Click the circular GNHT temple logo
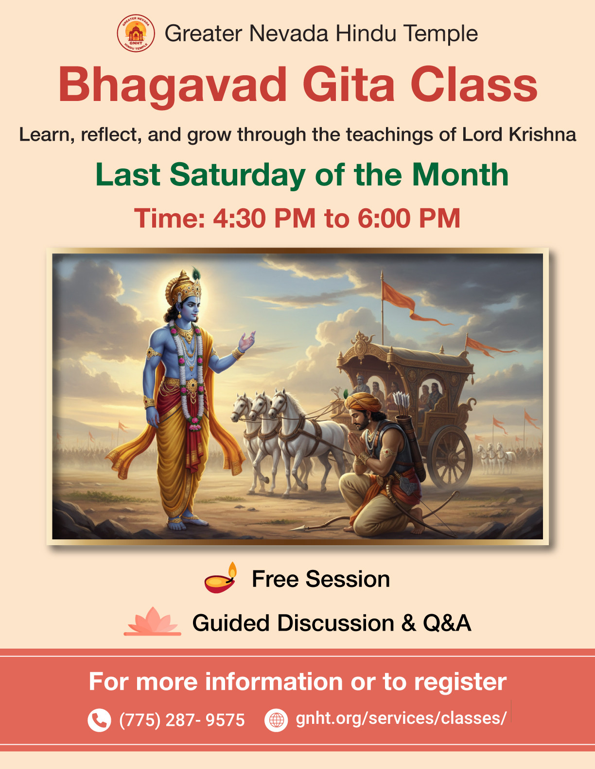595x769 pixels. coord(136,33)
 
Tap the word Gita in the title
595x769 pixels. coord(349,85)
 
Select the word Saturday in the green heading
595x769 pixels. coord(237,175)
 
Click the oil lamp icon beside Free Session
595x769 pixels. coord(220,578)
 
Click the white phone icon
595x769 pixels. coord(99,720)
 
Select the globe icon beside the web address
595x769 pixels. coord(276,720)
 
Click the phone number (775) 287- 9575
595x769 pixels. coord(182,720)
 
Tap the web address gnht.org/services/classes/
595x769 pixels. coord(401,718)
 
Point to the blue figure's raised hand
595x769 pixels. coord(246,341)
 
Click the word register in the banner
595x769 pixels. coord(460,682)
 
